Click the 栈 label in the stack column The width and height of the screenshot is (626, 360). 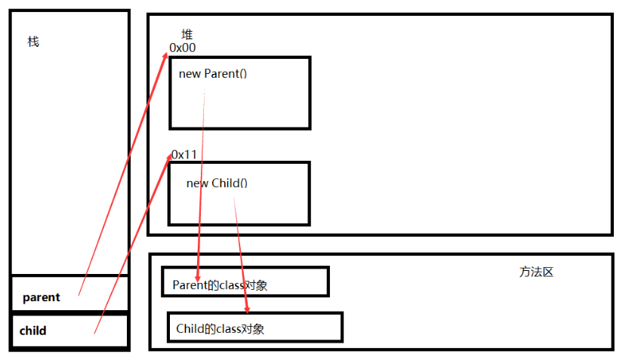click(33, 42)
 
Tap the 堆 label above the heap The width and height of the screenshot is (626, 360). click(187, 35)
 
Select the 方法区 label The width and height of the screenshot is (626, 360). click(536, 272)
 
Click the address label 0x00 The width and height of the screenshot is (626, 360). click(183, 48)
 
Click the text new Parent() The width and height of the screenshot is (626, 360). click(213, 74)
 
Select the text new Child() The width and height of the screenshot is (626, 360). click(217, 183)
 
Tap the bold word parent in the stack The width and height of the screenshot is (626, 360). click(42, 297)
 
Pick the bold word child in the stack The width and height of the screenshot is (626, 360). click(32, 331)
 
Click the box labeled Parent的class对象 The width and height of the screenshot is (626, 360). click(245, 282)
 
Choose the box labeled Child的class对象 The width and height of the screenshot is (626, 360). click(255, 327)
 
